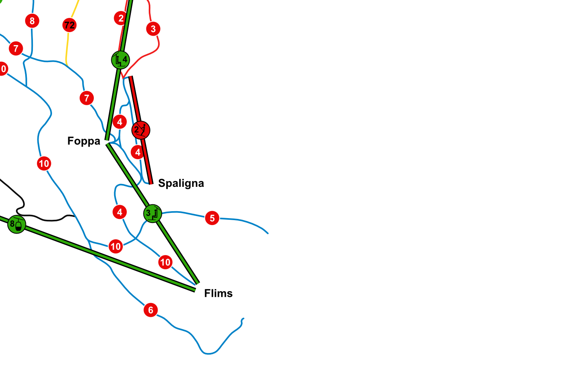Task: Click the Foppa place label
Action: pos(84,141)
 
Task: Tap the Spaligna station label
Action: pos(181,183)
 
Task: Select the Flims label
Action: pos(218,293)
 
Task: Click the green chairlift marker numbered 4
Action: pos(121,60)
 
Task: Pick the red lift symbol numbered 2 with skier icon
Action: pos(141,130)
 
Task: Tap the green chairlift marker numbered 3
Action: pos(152,213)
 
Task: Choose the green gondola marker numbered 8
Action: pos(17,224)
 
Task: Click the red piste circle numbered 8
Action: pos(32,21)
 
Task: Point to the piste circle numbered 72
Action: pos(69,25)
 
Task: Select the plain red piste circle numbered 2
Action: pos(120,18)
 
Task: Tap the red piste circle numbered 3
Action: pos(153,29)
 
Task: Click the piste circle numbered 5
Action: pos(212,218)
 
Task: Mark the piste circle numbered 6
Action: pos(151,310)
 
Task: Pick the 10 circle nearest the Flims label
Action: pos(165,262)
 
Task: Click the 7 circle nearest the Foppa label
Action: pos(87,98)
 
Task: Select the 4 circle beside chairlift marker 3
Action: pos(119,212)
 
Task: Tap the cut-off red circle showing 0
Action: pos(2,69)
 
